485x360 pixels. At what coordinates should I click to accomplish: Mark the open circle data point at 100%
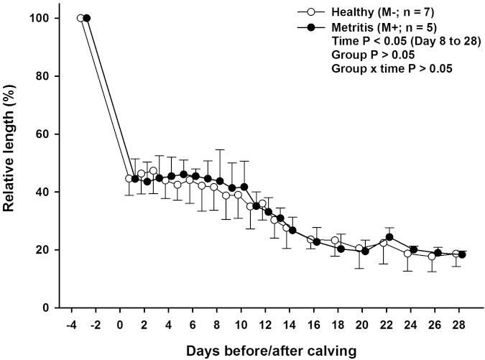80,18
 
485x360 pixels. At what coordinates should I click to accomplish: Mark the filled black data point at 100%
87,18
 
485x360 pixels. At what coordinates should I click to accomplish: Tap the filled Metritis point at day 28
462,254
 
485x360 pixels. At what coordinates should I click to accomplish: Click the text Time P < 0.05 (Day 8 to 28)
392,41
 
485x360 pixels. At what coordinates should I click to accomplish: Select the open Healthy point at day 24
407,253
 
